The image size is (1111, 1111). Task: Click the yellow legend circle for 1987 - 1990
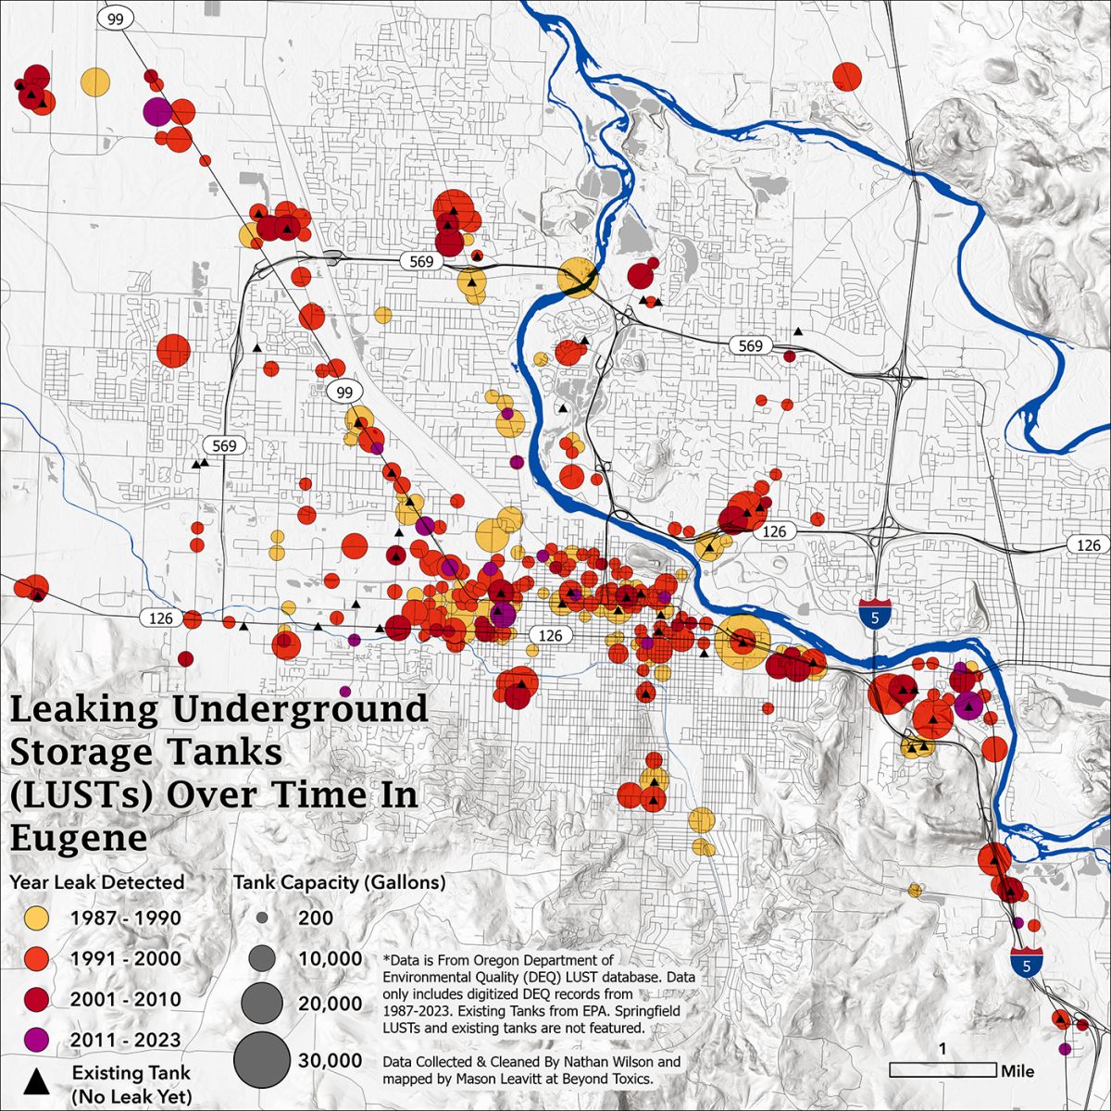click(x=36, y=918)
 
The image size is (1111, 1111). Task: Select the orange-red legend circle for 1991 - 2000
click(x=36, y=959)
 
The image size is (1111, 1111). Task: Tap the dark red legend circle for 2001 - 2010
click(x=36, y=1000)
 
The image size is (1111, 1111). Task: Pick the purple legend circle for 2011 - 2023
click(x=36, y=1040)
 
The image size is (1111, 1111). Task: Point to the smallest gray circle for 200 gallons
click(x=262, y=918)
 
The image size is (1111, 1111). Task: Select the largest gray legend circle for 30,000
click(x=261, y=1059)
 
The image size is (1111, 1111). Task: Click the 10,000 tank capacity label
click(x=330, y=959)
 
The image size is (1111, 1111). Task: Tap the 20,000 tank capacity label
click(x=330, y=1004)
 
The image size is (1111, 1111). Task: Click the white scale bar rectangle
click(x=943, y=1070)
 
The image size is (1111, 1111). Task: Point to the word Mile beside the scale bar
click(x=1017, y=1071)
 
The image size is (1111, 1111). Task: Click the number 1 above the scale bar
click(x=942, y=1050)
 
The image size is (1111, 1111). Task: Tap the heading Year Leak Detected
click(x=97, y=882)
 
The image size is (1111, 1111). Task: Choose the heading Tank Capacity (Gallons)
click(x=339, y=882)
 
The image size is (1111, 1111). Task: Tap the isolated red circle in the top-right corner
click(x=847, y=76)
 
